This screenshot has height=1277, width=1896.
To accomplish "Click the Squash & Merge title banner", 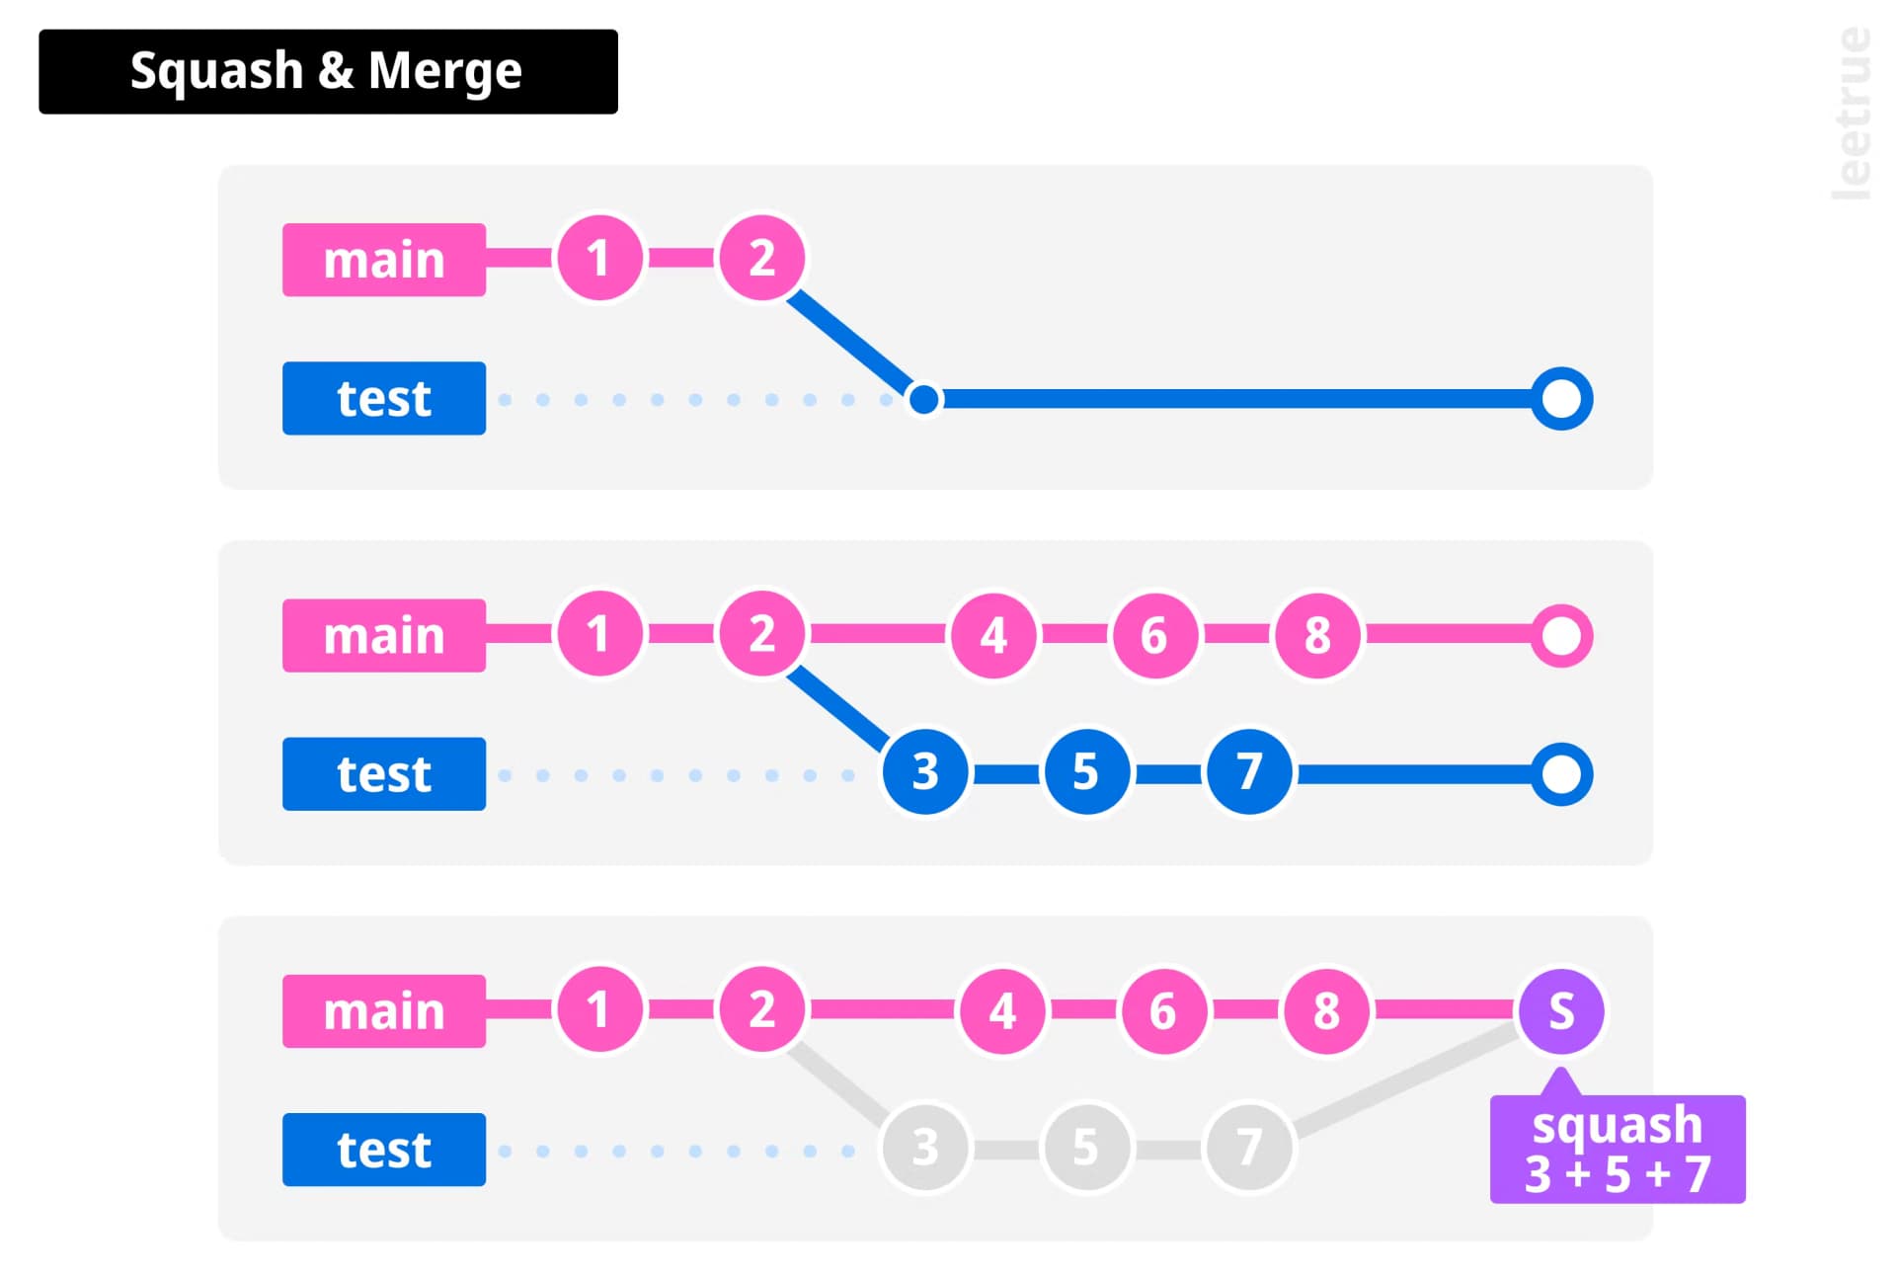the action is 328,71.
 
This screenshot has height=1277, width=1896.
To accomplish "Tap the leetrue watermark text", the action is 1851,114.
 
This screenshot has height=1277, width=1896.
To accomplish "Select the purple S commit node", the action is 1561,1010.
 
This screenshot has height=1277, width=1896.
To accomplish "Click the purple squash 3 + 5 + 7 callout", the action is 1618,1149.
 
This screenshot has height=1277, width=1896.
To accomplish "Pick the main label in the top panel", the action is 384,260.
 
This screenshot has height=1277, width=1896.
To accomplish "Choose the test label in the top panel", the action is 384,398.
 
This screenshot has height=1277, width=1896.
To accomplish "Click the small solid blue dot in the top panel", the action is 924,399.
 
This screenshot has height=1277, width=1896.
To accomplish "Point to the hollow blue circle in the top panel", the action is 1561,399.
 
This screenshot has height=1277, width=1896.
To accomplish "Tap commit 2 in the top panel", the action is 761,258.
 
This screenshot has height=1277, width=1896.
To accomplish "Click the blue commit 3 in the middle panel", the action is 924,771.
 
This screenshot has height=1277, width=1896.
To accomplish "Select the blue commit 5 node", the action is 1086,771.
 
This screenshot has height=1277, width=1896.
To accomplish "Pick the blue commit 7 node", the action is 1249,771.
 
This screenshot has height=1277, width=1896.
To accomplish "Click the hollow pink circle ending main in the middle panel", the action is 1561,636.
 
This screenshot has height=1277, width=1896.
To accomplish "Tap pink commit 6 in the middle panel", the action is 1154,635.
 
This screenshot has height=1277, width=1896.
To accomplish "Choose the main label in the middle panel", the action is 384,635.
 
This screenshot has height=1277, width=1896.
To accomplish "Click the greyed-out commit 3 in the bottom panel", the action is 924,1148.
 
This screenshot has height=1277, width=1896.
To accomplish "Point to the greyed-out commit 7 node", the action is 1249,1148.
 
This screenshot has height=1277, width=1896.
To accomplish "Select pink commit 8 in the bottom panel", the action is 1326,1010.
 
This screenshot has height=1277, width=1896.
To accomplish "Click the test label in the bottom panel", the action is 384,1150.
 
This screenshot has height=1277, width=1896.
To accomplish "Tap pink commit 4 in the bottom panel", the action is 1002,1010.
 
